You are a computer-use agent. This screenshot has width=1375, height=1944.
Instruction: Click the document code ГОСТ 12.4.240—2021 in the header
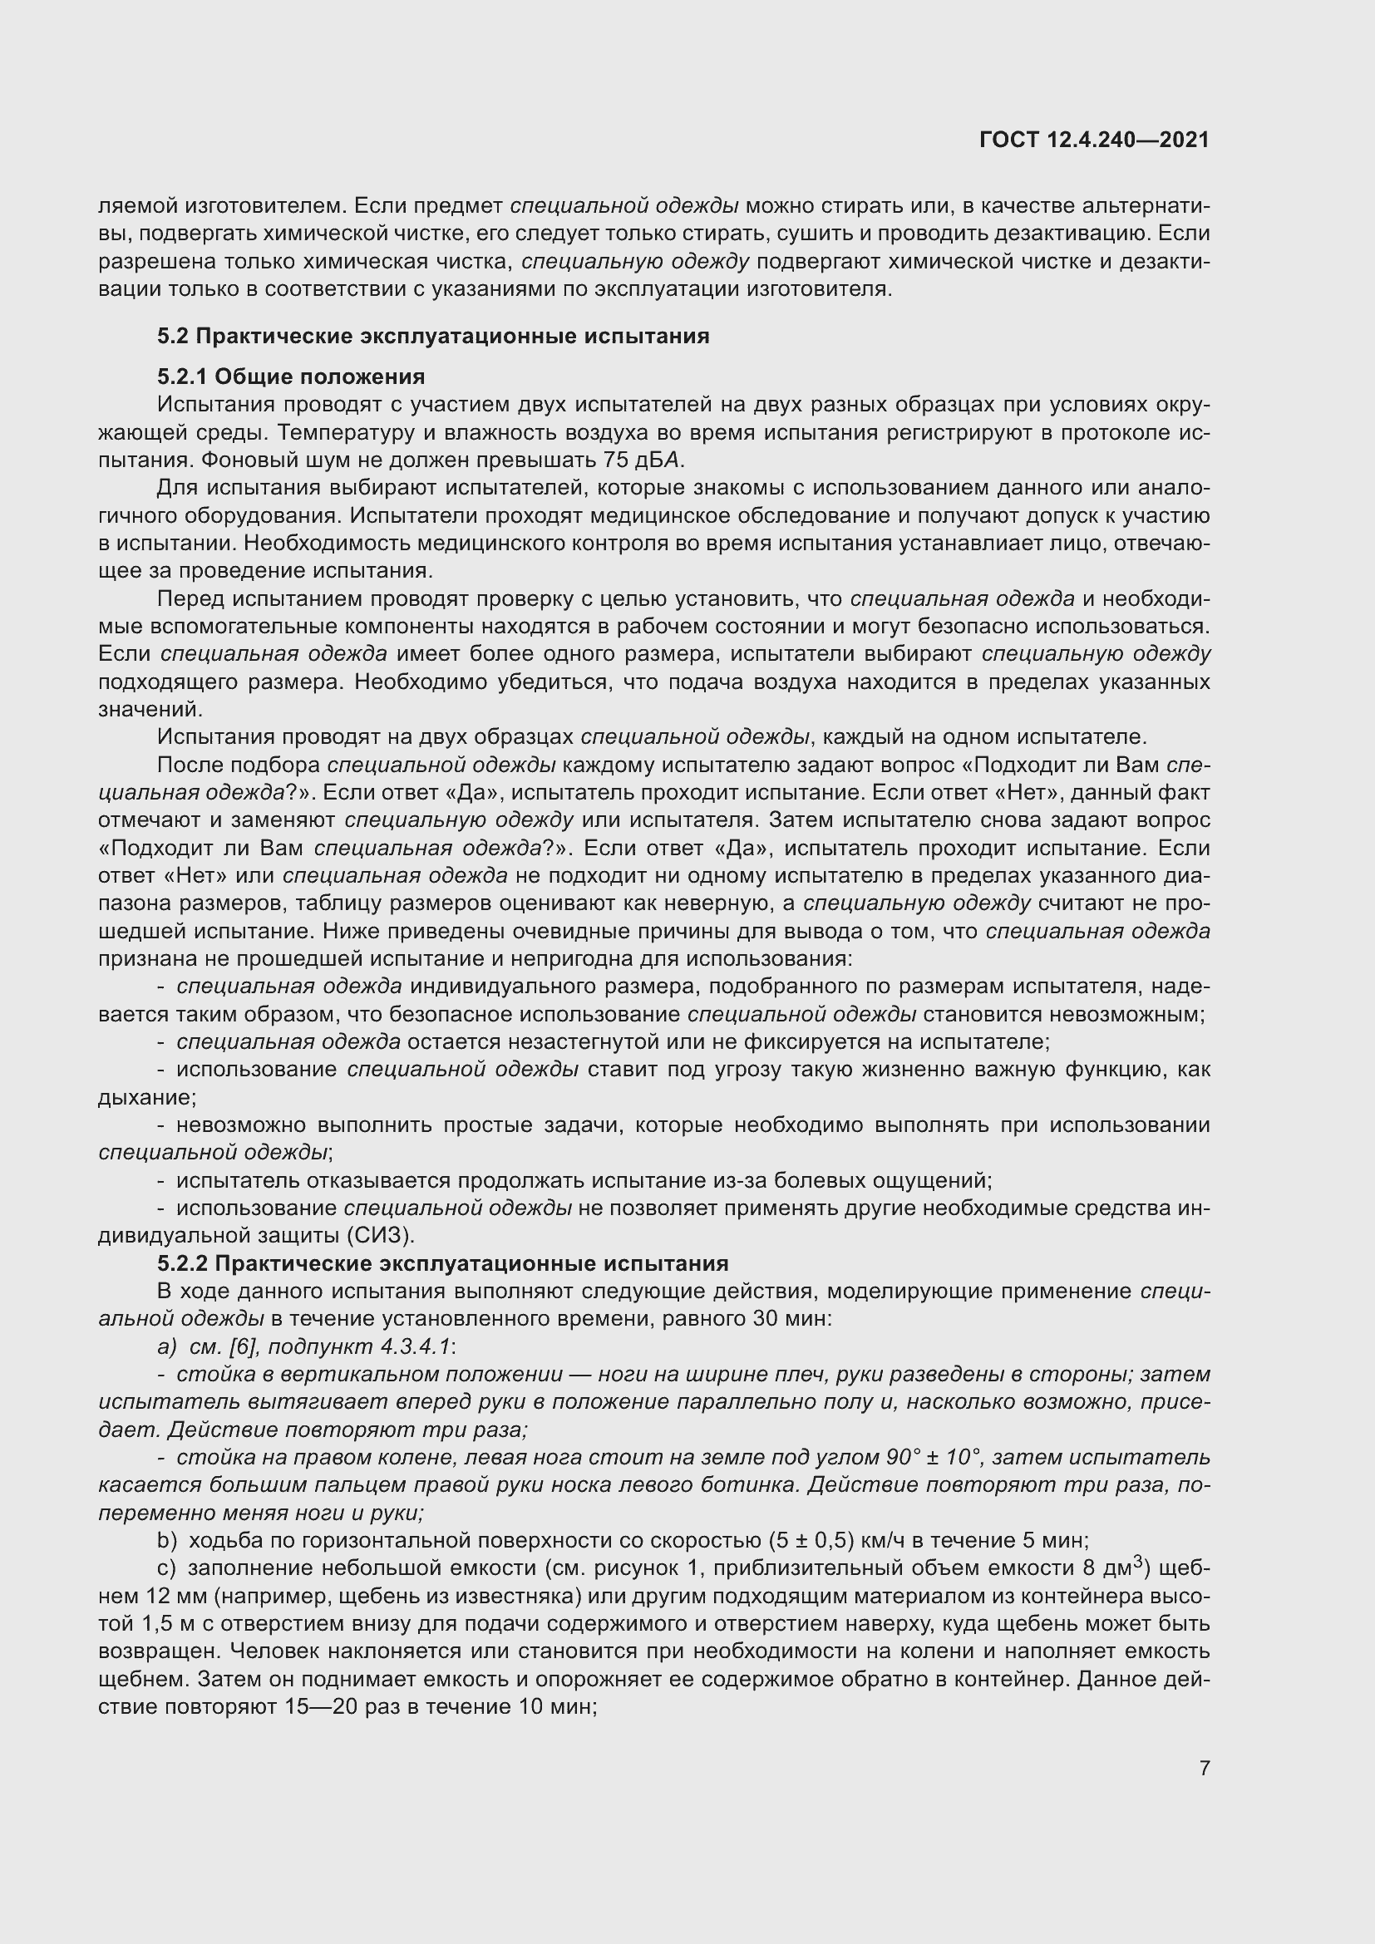(x=1094, y=140)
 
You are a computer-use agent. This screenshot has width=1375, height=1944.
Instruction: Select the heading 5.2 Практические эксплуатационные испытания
(x=432, y=336)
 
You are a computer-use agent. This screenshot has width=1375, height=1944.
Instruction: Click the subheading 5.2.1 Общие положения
(x=290, y=376)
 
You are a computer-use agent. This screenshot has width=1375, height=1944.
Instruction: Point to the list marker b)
(x=168, y=1541)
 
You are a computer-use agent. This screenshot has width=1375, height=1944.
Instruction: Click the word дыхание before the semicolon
(x=145, y=1098)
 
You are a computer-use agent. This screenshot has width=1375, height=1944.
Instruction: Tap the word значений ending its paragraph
(x=149, y=710)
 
